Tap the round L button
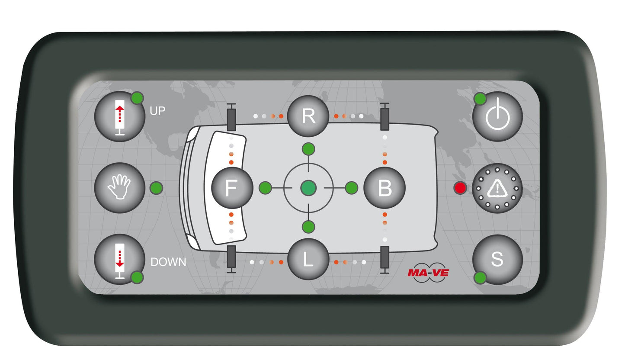coord(308,260)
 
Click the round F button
coord(232,188)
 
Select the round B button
coord(385,188)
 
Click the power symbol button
coord(497,116)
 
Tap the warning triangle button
coord(497,188)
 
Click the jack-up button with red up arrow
coord(120,116)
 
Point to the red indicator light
coord(460,188)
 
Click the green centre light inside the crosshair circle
coord(308,188)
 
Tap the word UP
coord(157,111)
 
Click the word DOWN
coord(168,262)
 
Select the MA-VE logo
coord(428,273)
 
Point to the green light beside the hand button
coord(156,188)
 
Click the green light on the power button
coord(480,99)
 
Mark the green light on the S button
coord(480,278)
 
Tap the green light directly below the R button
coord(308,149)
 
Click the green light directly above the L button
coord(308,226)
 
